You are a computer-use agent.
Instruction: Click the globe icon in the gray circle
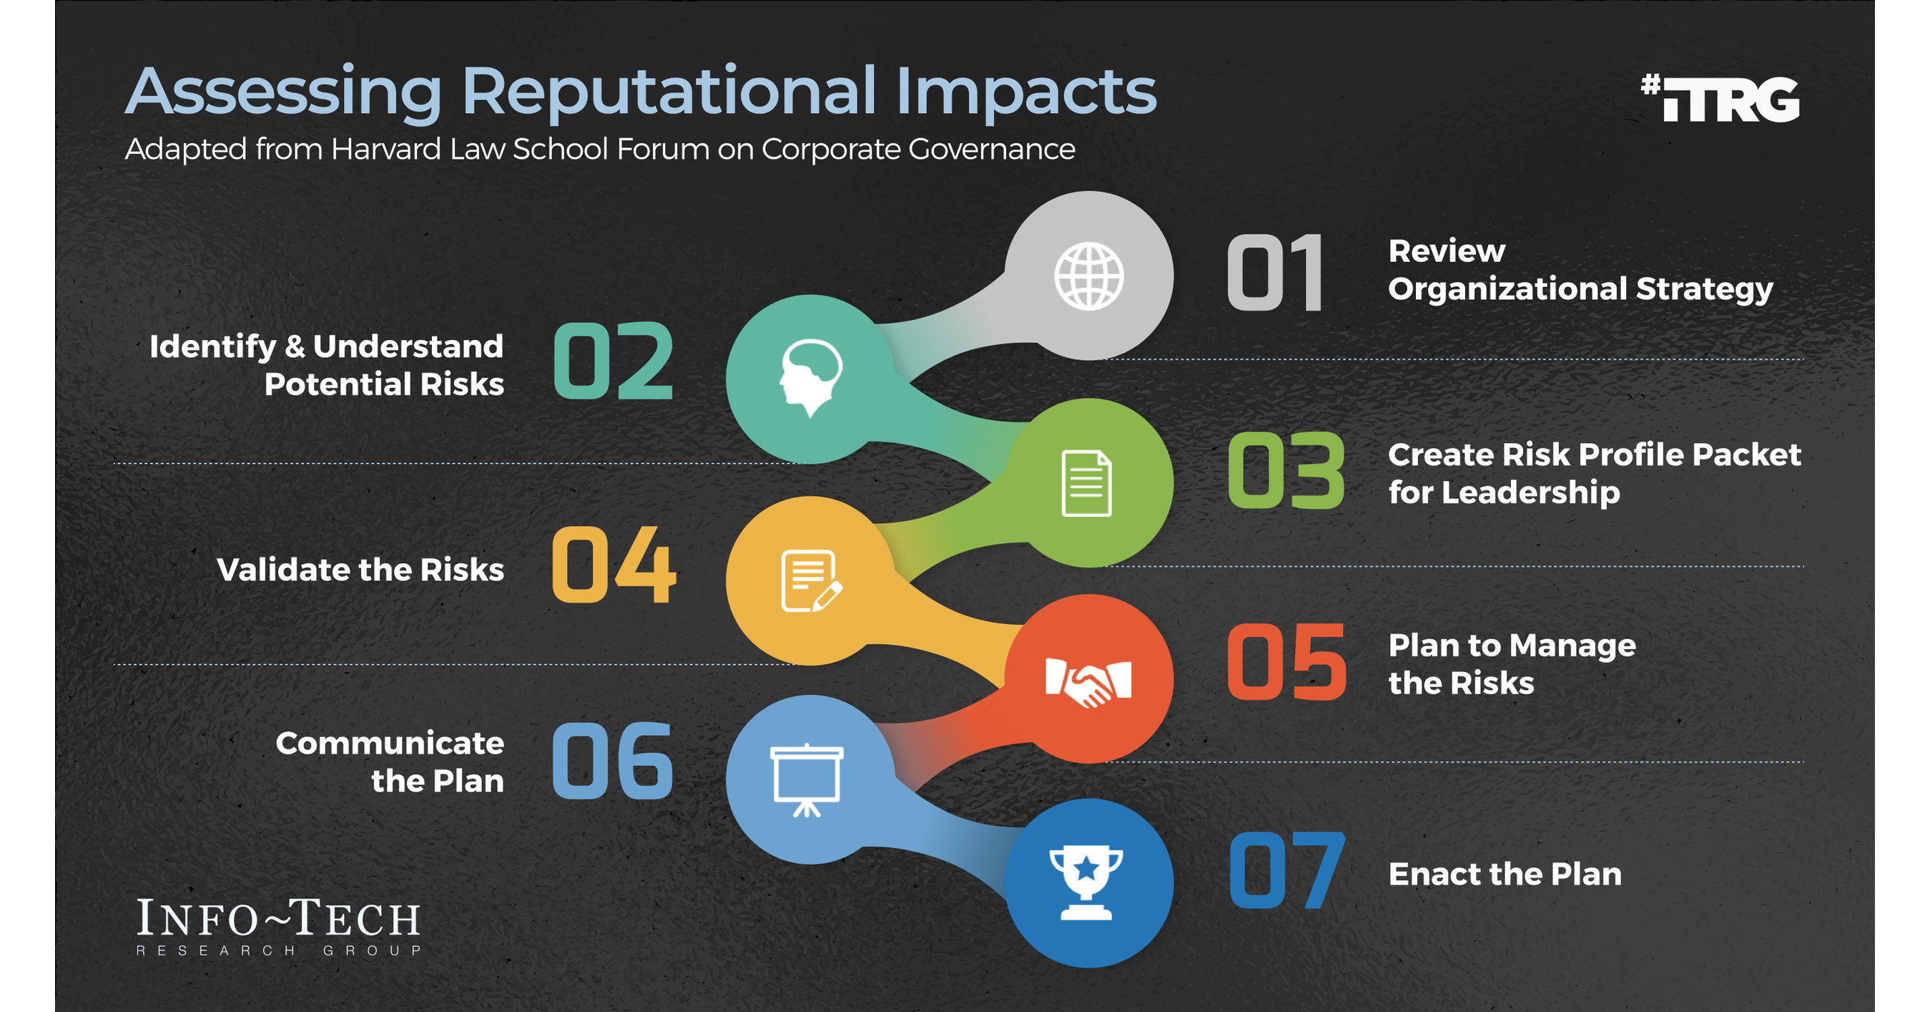tap(1088, 276)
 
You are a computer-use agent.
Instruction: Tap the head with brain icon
tap(810, 377)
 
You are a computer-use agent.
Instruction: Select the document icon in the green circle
tap(1086, 484)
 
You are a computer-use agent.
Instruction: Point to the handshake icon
tap(1088, 681)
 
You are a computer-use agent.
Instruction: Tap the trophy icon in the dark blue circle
tap(1085, 882)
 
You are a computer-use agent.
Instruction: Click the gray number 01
tap(1275, 273)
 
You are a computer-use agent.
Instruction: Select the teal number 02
tap(613, 361)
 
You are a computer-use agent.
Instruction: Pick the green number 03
tap(1286, 472)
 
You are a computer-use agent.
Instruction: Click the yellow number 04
tap(614, 565)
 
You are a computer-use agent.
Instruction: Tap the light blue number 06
tap(613, 761)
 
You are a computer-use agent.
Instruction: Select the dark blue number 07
tap(1286, 871)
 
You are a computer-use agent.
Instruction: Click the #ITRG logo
tap(1720, 98)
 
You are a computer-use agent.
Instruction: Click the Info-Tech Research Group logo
tap(278, 926)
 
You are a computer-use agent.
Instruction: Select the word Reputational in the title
tap(668, 92)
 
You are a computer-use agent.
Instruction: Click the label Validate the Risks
tap(360, 570)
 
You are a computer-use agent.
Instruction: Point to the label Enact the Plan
tap(1505, 874)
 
